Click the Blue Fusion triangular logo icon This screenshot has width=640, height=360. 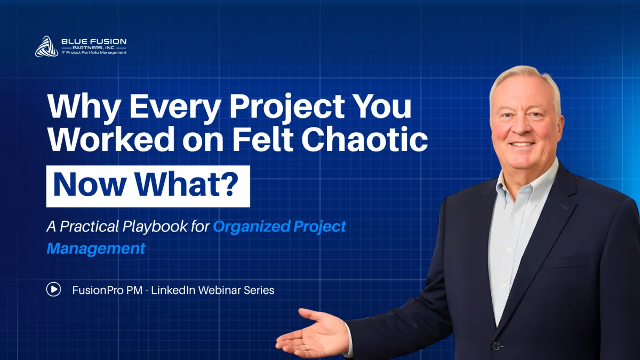click(46, 46)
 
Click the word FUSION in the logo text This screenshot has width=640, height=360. click(110, 42)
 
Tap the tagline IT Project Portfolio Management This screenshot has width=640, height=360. click(94, 53)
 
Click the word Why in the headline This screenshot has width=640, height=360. click(83, 106)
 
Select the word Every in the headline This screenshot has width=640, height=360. click(175, 106)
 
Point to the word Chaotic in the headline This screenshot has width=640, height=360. click(365, 139)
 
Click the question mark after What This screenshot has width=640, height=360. click(230, 184)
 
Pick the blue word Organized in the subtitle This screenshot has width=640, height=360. click(252, 227)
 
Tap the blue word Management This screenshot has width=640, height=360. click(96, 249)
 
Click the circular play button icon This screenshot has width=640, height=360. click(54, 290)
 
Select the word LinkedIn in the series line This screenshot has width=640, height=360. click(173, 290)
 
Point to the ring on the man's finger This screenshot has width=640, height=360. click(307, 347)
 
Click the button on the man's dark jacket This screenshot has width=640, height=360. click(497, 346)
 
